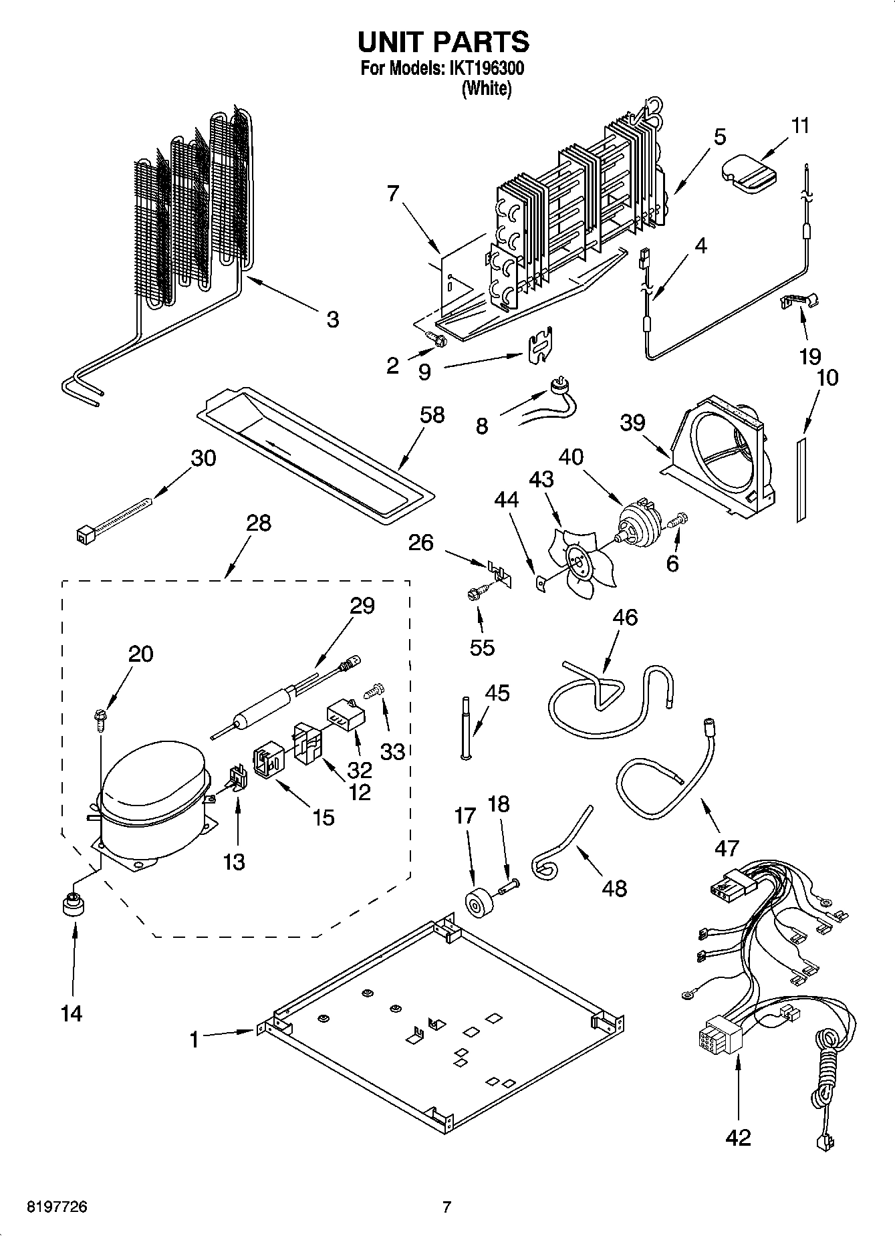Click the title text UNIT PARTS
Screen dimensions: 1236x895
point(443,41)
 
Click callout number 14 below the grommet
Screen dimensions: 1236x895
point(72,1013)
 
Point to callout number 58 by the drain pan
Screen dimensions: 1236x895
point(432,415)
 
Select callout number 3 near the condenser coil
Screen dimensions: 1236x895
point(332,319)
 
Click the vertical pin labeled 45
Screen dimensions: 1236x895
point(465,729)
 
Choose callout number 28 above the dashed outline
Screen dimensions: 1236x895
point(258,523)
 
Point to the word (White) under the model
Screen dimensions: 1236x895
point(487,88)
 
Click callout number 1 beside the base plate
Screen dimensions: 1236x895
point(195,1039)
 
